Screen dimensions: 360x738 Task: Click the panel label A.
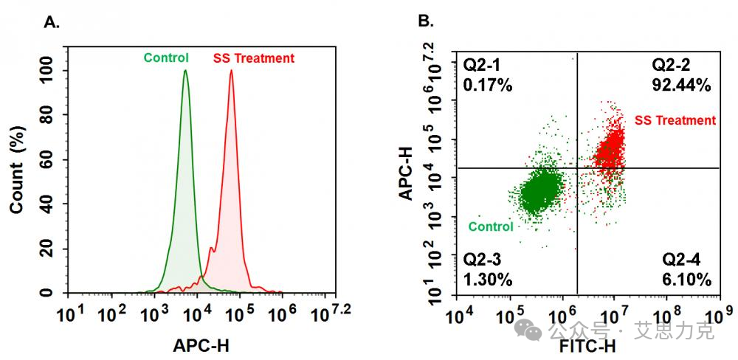click(x=51, y=22)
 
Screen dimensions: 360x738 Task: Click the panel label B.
click(x=426, y=21)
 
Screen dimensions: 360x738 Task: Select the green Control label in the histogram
click(x=166, y=58)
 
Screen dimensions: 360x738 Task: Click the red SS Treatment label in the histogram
click(x=253, y=58)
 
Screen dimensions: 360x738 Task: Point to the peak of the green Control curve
click(x=185, y=72)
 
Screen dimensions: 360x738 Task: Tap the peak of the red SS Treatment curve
click(x=231, y=72)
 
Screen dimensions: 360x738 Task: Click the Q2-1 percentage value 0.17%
click(x=487, y=86)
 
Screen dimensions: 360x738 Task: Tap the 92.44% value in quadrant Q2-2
click(x=681, y=86)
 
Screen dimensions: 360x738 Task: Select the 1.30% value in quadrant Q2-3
click(x=487, y=280)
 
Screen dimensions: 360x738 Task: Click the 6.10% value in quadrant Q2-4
click(x=686, y=280)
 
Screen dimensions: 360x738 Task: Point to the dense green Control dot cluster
click(x=542, y=193)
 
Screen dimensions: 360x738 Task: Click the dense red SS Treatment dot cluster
click(x=612, y=151)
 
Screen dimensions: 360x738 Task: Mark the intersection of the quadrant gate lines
click(x=576, y=168)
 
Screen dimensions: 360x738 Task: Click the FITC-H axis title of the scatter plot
click(x=587, y=346)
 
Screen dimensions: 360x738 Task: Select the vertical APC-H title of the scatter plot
click(x=404, y=173)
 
